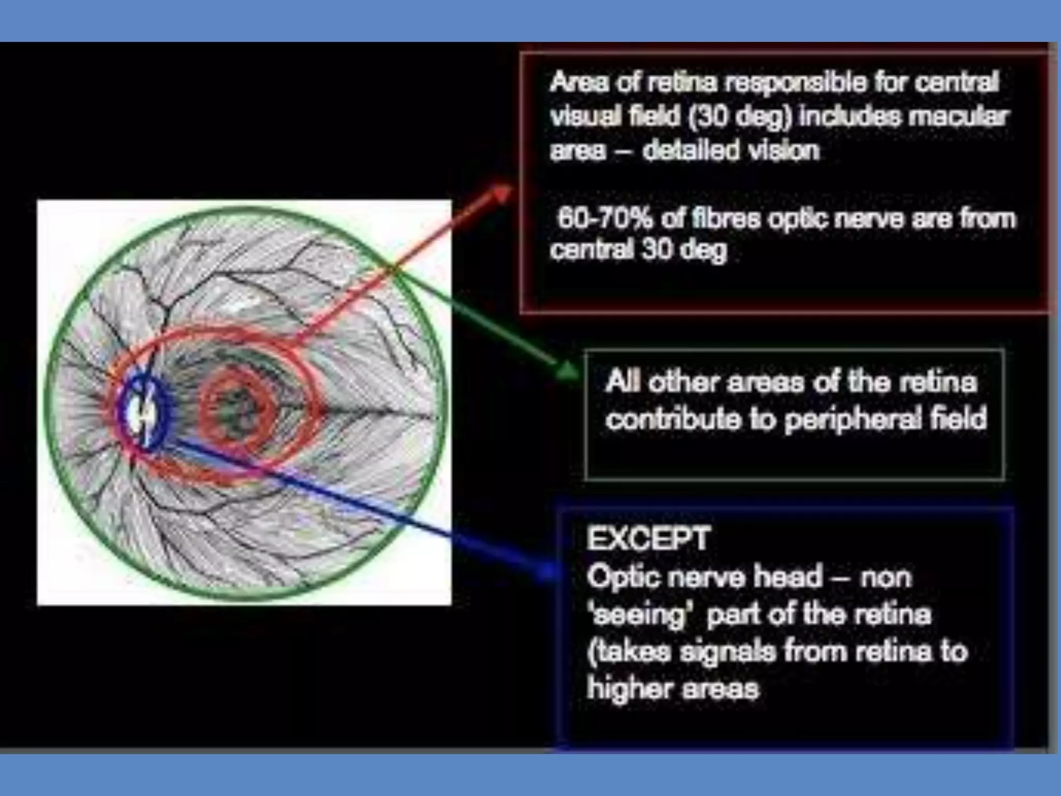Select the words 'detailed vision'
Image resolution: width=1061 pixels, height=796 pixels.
tap(731, 151)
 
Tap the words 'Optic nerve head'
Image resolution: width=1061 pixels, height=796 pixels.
tap(705, 577)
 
